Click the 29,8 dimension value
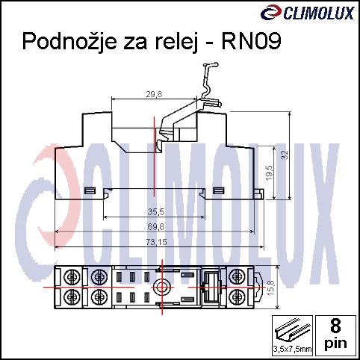154,94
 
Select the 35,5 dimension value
156,211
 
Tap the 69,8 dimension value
156,227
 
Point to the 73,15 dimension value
156,242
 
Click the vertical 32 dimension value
285,155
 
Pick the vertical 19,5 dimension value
269,173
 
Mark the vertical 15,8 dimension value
271,288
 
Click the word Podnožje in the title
69,42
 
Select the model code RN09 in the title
251,41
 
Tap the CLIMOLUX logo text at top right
319,13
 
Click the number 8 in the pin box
335,326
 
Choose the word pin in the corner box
335,344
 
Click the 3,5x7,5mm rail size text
292,349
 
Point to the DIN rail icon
293,331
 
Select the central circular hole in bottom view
161,287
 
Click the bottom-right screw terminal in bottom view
236,297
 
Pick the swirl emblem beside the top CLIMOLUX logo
271,13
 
